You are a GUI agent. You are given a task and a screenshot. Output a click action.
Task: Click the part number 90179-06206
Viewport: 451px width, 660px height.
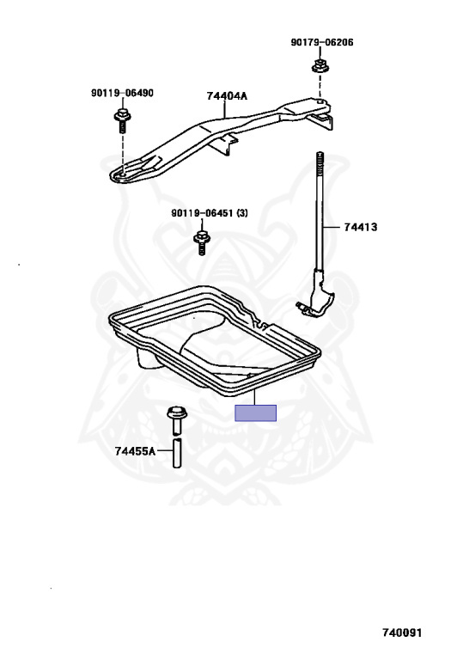[x=322, y=42]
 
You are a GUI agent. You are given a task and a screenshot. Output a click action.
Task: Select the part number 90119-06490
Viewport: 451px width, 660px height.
[x=122, y=93]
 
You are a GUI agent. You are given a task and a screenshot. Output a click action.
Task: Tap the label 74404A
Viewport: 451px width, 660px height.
[x=227, y=96]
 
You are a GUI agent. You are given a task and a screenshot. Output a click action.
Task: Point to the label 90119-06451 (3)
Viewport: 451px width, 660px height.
[x=209, y=213]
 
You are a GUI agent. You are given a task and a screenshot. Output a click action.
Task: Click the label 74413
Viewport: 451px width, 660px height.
[x=361, y=227]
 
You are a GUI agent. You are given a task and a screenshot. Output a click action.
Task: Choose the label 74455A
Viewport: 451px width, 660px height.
[x=135, y=451]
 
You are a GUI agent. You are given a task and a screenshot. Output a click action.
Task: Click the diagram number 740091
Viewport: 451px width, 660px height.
[x=402, y=632]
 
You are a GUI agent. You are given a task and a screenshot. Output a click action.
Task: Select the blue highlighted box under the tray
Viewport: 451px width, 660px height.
[x=255, y=412]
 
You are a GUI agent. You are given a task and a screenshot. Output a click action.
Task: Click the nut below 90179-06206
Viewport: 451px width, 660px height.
[x=320, y=65]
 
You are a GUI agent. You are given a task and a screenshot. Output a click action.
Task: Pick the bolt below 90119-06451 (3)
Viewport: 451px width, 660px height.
[x=201, y=243]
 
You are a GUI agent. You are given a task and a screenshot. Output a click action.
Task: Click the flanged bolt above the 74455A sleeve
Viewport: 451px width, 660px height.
[x=177, y=419]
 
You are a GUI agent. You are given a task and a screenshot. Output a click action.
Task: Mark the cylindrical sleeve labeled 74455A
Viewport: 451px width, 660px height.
[x=178, y=453]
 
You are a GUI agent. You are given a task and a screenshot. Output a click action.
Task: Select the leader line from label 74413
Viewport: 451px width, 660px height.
[x=332, y=227]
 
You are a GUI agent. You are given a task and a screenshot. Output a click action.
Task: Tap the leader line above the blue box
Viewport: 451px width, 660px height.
[x=255, y=398]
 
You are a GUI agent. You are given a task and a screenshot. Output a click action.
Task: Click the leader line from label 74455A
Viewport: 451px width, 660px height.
[x=164, y=451]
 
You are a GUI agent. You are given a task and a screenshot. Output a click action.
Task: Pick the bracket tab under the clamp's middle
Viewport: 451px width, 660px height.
[x=224, y=144]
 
